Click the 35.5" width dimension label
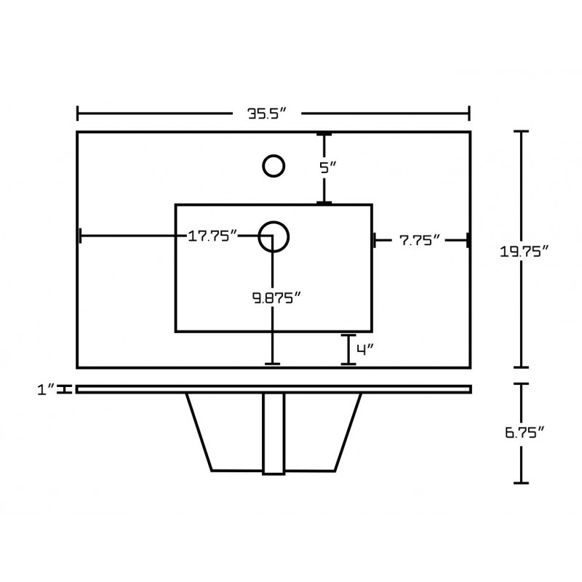pyautogui.click(x=267, y=113)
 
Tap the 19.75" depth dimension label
pyautogui.click(x=524, y=252)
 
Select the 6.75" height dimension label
pyautogui.click(x=525, y=432)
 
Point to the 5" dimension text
pyautogui.click(x=328, y=168)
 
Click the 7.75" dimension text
pyautogui.click(x=420, y=241)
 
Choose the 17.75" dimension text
pyautogui.click(x=212, y=236)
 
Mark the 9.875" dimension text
pyautogui.click(x=276, y=298)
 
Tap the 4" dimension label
pyautogui.click(x=364, y=349)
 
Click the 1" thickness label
pyautogui.click(x=46, y=390)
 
